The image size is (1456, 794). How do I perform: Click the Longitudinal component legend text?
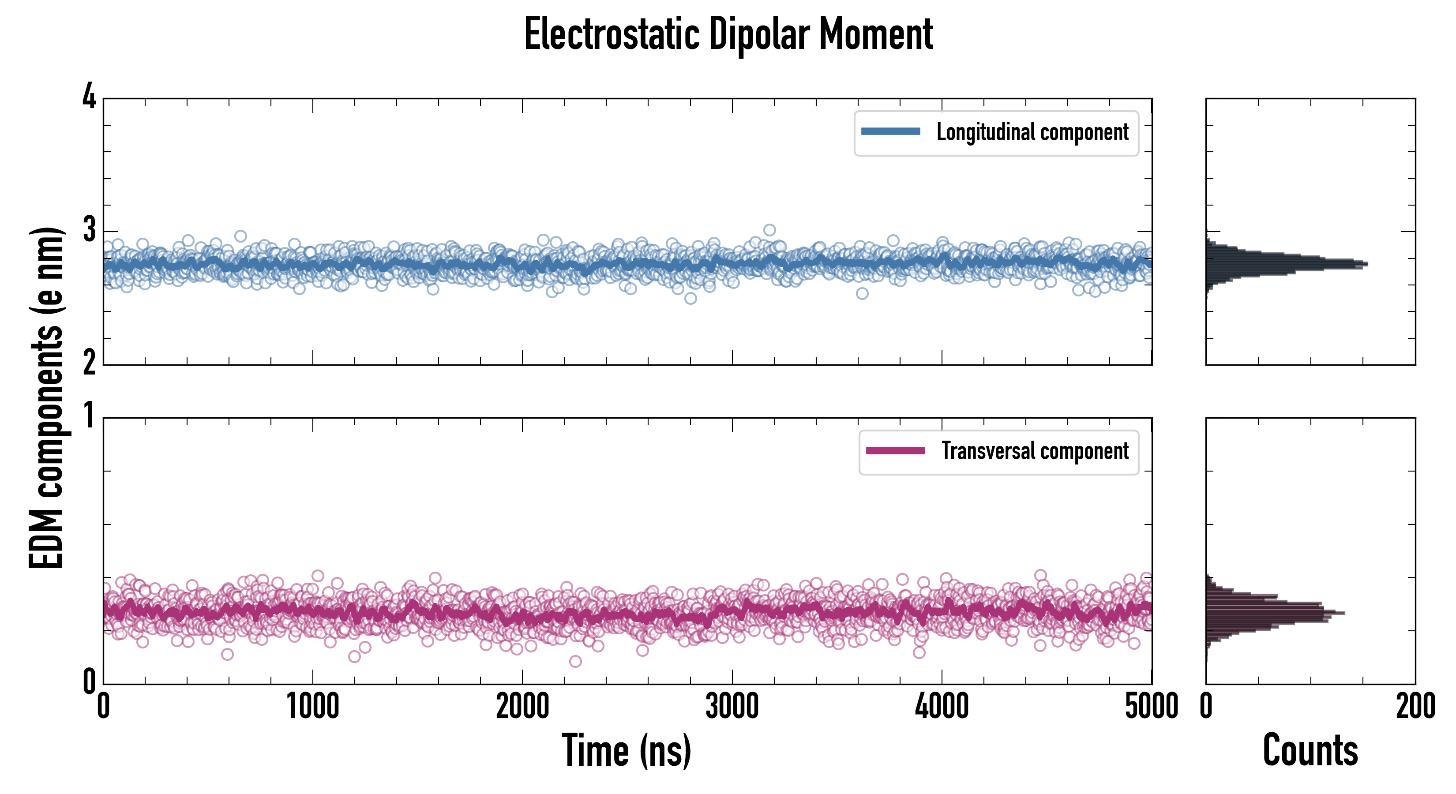1032,132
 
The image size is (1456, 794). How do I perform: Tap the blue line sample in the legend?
890,132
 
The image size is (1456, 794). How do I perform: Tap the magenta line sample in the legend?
895,451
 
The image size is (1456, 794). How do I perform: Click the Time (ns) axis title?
626,750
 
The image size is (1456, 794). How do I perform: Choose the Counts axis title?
1310,750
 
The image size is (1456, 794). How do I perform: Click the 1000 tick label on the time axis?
312,706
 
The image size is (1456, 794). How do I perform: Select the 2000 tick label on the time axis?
522,706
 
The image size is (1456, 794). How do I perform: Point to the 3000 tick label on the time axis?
732,706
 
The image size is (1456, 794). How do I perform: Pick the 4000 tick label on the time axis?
942,706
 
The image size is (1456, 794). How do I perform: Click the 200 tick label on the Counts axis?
1415,706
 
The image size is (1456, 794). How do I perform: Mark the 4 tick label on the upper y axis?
89,96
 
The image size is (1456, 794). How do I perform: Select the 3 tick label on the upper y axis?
89,229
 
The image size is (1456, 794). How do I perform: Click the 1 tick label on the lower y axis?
89,416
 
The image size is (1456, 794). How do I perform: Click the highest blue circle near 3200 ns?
769,230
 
